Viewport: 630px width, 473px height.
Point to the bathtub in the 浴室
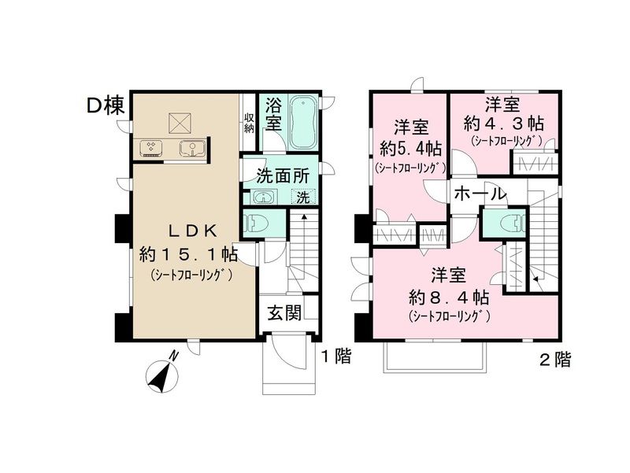pyautogui.click(x=302, y=124)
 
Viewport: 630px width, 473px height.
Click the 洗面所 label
pyautogui.click(x=280, y=177)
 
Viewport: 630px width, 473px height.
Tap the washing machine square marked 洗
pyautogui.click(x=303, y=198)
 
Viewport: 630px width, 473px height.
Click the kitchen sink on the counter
pyautogui.click(x=191, y=148)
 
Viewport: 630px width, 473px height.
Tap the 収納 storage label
pyautogui.click(x=249, y=122)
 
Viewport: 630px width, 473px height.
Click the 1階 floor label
pyautogui.click(x=335, y=357)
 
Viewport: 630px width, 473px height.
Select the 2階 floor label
pyautogui.click(x=554, y=360)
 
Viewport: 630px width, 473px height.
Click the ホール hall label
pyautogui.click(x=479, y=194)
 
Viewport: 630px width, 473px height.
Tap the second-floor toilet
pyautogui.click(x=504, y=221)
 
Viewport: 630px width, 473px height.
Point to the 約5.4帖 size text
pyautogui.click(x=409, y=148)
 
